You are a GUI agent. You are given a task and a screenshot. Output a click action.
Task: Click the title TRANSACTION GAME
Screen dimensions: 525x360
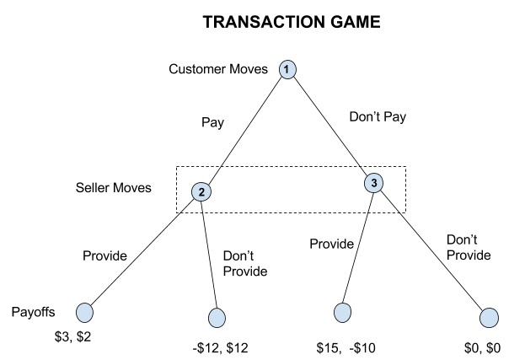(x=292, y=22)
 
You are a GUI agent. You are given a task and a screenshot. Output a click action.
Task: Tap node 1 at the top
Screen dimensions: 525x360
(x=287, y=70)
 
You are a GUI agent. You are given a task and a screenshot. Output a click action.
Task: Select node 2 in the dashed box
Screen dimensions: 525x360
(x=201, y=192)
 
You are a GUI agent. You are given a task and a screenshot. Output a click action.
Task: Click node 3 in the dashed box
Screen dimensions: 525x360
(x=373, y=183)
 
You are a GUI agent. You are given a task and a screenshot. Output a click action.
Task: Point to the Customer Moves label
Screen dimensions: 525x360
(x=218, y=69)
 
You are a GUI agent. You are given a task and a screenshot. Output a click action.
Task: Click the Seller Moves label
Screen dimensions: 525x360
(x=113, y=187)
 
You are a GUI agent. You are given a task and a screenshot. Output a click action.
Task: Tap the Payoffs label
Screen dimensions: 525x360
(x=33, y=312)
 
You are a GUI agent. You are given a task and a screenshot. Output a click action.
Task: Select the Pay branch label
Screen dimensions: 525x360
(x=212, y=122)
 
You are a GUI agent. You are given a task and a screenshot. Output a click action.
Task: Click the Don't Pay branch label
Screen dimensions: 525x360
(x=378, y=117)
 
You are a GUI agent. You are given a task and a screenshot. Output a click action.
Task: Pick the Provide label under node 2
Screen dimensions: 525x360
(x=104, y=255)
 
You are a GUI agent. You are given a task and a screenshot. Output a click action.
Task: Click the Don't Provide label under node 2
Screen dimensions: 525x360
(x=245, y=264)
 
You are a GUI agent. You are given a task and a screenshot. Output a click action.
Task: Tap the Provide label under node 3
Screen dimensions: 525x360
(x=331, y=244)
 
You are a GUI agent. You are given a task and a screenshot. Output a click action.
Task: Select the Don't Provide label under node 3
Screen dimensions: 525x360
(x=469, y=248)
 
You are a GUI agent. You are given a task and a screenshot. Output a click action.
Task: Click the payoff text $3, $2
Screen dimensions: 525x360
(x=72, y=336)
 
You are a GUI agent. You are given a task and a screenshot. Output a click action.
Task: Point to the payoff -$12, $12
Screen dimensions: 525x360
(x=220, y=348)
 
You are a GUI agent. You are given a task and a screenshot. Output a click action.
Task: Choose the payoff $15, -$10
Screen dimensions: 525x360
(x=346, y=348)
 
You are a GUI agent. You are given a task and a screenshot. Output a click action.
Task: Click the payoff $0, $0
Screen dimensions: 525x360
(x=483, y=348)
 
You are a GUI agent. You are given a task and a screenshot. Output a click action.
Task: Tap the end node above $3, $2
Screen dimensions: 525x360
(x=84, y=313)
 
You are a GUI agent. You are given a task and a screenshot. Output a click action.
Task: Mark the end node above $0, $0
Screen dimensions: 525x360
(x=489, y=318)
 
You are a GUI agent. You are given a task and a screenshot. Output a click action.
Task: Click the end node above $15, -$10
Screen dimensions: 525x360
(x=342, y=313)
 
